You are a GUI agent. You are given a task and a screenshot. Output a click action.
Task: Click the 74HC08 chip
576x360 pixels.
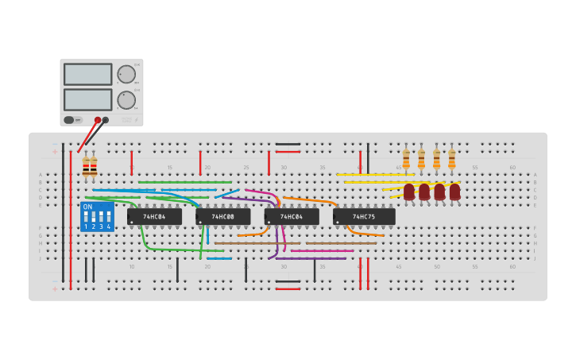[x=223, y=216]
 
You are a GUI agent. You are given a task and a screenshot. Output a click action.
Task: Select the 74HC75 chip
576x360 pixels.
[x=364, y=216]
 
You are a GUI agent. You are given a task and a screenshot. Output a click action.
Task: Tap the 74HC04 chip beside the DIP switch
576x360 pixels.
[x=154, y=216]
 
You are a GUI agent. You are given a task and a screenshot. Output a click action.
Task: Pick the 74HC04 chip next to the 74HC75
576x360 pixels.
[x=292, y=216]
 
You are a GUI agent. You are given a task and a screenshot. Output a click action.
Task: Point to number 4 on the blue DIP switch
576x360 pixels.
[x=109, y=227]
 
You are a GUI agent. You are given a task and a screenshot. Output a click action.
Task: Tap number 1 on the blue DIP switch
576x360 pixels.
[x=85, y=227]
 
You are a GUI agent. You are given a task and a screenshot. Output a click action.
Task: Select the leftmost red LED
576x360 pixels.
[x=409, y=192]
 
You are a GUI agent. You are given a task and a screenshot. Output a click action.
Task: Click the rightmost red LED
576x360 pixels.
[x=454, y=192]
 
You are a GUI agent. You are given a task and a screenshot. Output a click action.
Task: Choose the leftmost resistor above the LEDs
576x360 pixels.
[x=406, y=159]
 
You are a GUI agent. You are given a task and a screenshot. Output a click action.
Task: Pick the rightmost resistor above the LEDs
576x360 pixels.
[x=452, y=159]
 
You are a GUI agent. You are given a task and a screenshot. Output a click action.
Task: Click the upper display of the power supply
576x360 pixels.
[x=87, y=75]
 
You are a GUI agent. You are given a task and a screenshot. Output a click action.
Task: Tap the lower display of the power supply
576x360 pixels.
[x=87, y=99]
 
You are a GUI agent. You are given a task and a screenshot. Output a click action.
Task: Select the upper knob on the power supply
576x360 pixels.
[x=126, y=74]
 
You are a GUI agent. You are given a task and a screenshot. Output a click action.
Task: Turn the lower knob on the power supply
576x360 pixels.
[x=126, y=100]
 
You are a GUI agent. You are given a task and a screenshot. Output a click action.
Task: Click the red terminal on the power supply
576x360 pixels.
[x=98, y=120]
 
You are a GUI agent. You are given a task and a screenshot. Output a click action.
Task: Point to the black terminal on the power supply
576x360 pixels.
[x=106, y=120]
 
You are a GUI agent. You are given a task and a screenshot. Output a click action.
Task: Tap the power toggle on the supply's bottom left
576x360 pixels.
[x=69, y=120]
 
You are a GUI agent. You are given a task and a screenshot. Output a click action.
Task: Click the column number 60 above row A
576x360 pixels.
[x=512, y=168]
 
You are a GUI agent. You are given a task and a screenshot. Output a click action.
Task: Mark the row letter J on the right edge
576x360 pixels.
[x=535, y=258]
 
